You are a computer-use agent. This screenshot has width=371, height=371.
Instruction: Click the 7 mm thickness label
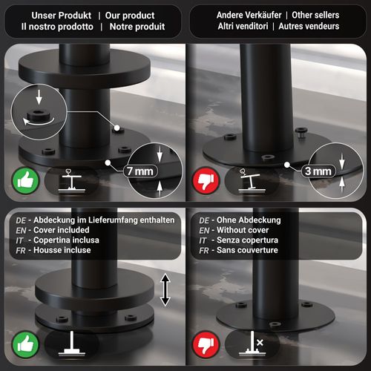click(x=140, y=171)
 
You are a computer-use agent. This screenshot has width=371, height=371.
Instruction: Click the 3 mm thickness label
click(x=318, y=171)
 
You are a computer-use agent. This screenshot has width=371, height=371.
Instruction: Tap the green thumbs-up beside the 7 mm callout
click(x=25, y=181)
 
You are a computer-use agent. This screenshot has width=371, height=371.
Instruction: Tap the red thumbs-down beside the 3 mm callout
click(x=206, y=181)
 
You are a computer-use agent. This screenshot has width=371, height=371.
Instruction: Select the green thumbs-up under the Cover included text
click(x=25, y=344)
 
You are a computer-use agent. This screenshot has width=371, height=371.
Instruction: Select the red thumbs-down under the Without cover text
click(x=206, y=344)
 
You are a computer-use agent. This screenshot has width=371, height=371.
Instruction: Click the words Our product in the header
click(x=130, y=16)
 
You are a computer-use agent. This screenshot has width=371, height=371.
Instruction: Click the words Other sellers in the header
click(x=315, y=15)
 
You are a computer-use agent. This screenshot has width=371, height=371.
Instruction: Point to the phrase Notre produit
click(x=137, y=27)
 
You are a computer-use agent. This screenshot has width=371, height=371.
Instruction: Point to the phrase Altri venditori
click(x=243, y=26)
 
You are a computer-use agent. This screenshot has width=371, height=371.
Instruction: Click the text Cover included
click(x=62, y=230)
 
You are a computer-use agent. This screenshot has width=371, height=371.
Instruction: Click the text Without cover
click(x=243, y=230)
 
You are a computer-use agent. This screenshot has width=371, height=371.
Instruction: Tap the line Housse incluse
click(x=62, y=250)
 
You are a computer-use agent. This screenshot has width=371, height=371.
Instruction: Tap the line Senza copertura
click(x=247, y=240)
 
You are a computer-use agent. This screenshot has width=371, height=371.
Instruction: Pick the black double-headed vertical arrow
click(x=165, y=289)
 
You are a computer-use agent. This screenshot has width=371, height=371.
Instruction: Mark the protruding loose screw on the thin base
click(x=301, y=132)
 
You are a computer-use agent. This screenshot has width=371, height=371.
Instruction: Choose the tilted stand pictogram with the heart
click(x=252, y=180)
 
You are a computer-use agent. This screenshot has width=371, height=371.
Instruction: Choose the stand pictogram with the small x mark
click(x=252, y=344)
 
